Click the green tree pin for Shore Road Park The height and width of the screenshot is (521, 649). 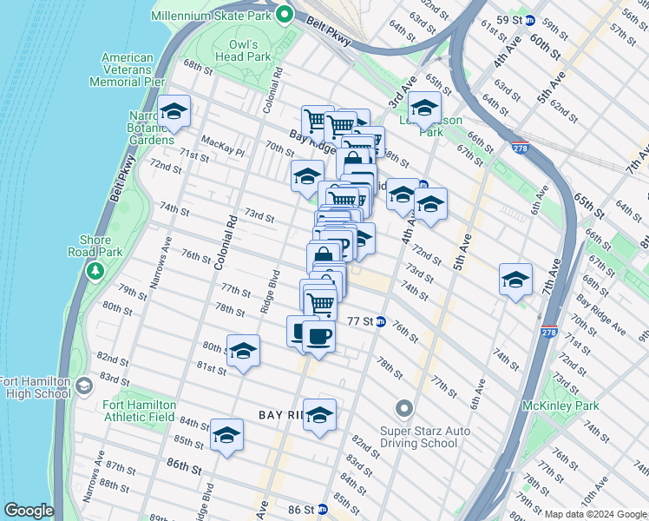(x=95, y=271)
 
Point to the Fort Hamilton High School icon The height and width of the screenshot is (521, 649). (x=84, y=385)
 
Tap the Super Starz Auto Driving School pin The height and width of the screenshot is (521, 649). (x=404, y=407)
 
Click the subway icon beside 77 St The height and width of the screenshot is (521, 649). (x=380, y=321)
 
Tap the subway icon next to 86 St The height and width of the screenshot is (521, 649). (x=322, y=510)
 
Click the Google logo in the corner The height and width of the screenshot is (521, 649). (x=29, y=511)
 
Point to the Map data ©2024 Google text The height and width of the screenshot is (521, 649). (x=595, y=514)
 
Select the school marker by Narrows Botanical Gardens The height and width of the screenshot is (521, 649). (x=174, y=111)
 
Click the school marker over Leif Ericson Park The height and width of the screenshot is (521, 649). (x=424, y=109)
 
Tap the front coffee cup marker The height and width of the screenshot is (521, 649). (x=318, y=336)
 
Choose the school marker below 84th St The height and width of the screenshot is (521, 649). (x=227, y=436)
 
